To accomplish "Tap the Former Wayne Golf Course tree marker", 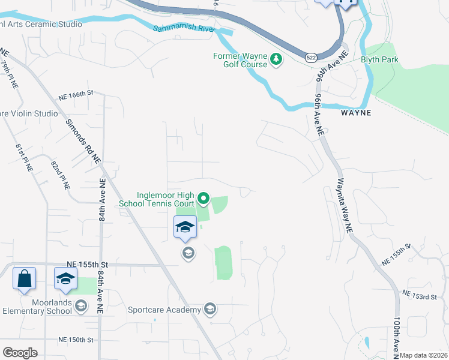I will pyautogui.click(x=276, y=59).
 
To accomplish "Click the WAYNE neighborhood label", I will pyautogui.click(x=356, y=112).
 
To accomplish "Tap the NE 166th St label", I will pyautogui.click(x=76, y=94).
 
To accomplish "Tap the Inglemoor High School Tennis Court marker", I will pyautogui.click(x=203, y=197).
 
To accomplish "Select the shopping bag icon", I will pyautogui.click(x=24, y=279).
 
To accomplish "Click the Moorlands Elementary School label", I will pyautogui.click(x=37, y=307).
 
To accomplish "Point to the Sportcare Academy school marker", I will pyautogui.click(x=210, y=310).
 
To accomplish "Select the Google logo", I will pyautogui.click(x=20, y=352).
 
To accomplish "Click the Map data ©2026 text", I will pyautogui.click(x=423, y=355).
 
